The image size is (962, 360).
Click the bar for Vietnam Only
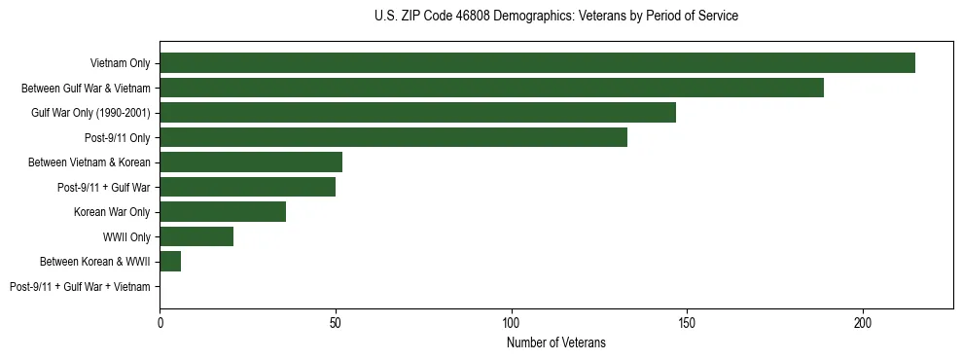(537, 63)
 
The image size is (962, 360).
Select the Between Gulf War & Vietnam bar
(491, 88)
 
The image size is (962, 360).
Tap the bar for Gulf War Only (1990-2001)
(417, 113)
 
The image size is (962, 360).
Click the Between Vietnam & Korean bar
(251, 162)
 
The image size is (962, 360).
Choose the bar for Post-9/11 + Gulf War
(247, 187)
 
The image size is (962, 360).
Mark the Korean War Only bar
(223, 212)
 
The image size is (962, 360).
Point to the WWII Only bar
(196, 236)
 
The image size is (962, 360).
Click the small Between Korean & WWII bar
(170, 262)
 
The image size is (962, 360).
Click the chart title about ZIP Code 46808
(555, 17)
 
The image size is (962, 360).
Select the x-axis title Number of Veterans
(555, 342)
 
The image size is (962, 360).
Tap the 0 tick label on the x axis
(160, 320)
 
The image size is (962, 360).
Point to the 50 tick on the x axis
(336, 320)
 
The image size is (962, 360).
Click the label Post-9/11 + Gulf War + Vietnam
(80, 287)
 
